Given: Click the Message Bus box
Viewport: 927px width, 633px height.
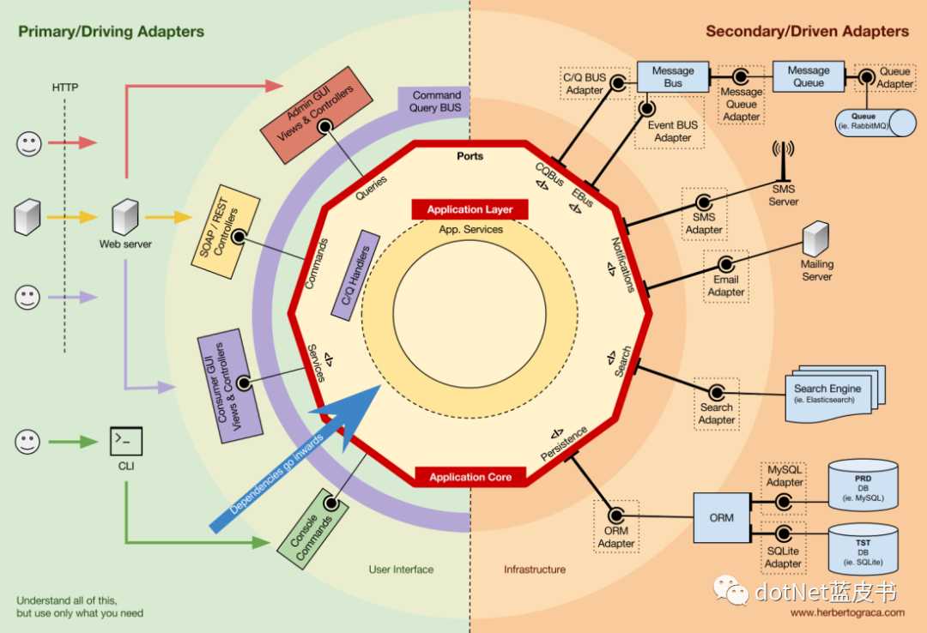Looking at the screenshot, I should click(673, 77).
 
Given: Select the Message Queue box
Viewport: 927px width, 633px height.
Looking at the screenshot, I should click(809, 76).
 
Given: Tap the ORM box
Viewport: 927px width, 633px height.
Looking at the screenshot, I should click(721, 517).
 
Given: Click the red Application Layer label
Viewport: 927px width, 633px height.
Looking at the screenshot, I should click(470, 209).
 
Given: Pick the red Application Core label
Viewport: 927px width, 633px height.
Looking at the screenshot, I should click(470, 477).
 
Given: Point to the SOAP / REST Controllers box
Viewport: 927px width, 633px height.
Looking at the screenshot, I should click(225, 230).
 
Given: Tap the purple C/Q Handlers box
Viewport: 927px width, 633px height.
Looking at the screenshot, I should click(355, 275).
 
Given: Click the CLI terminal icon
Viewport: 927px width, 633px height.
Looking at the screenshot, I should click(125, 441).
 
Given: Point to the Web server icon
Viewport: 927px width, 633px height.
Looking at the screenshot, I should click(125, 218).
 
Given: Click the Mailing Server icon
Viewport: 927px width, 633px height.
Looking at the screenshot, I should click(815, 238).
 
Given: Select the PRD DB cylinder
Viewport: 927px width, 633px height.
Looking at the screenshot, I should click(863, 485).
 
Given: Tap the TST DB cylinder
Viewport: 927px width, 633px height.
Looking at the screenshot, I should click(863, 549).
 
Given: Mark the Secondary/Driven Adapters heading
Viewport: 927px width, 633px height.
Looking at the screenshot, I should click(807, 32).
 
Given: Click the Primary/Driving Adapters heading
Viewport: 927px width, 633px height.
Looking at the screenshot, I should click(112, 32).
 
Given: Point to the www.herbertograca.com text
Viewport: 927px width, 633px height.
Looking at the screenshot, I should click(846, 612).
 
